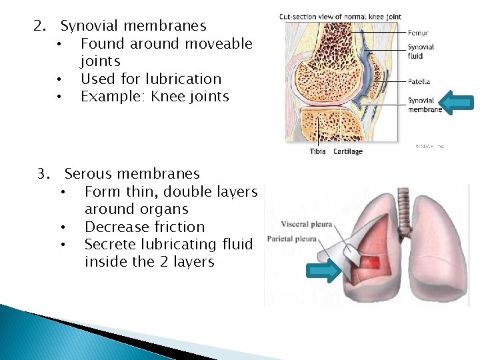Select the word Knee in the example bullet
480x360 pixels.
tap(168, 97)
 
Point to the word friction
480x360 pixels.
tap(173, 227)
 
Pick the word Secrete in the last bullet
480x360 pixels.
tap(110, 245)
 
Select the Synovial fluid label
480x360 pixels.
tap(421, 51)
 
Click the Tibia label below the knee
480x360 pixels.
tap(318, 151)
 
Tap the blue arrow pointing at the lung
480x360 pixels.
tap(323, 270)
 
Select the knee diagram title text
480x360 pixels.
tap(339, 17)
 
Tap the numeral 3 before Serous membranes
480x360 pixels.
tap(42, 174)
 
